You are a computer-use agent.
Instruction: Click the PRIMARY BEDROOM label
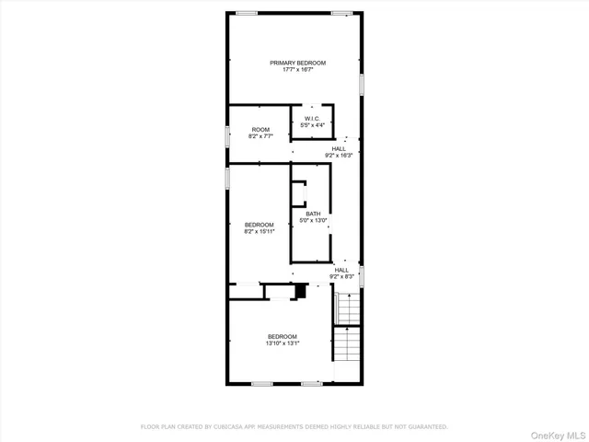pos(297,63)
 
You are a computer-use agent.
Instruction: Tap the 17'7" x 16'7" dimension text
pos(297,69)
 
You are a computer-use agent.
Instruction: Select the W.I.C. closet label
pos(312,119)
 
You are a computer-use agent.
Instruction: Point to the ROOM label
pos(260,130)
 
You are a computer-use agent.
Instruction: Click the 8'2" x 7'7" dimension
pos(260,136)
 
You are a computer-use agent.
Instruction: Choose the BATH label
pos(314,215)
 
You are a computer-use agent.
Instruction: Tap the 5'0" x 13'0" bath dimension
pos(314,221)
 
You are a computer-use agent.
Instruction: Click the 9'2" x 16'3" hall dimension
pos(339,156)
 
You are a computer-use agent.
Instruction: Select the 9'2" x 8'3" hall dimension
pos(342,276)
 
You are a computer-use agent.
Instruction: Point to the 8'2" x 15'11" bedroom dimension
pos(260,231)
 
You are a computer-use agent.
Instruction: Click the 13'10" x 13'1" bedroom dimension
pos(283,343)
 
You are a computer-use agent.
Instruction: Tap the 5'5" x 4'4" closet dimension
pos(312,125)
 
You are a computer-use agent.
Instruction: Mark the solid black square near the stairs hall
pos(299,292)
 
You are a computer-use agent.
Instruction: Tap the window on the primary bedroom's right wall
pos(363,84)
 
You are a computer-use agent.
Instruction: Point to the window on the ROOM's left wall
pos(228,134)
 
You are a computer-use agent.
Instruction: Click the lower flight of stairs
pos(346,346)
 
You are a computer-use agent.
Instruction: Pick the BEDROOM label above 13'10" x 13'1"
pos(283,336)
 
